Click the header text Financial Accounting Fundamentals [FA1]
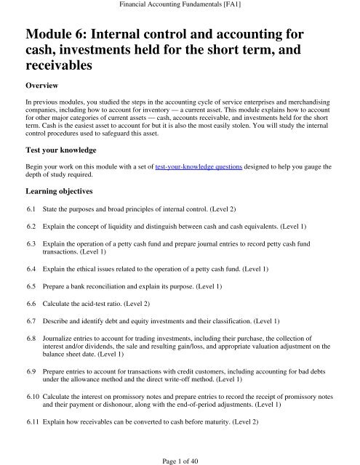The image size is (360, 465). pyautogui.click(x=180, y=6)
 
